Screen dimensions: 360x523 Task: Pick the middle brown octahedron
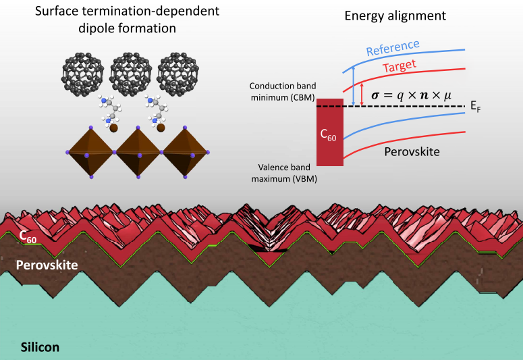(138, 151)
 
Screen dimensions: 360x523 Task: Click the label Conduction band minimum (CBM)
(280, 93)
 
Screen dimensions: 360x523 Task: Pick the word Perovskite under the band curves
(412, 152)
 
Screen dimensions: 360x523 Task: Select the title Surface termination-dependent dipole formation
(122, 22)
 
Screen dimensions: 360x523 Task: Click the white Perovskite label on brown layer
(47, 265)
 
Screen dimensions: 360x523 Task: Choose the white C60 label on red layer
(28, 237)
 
